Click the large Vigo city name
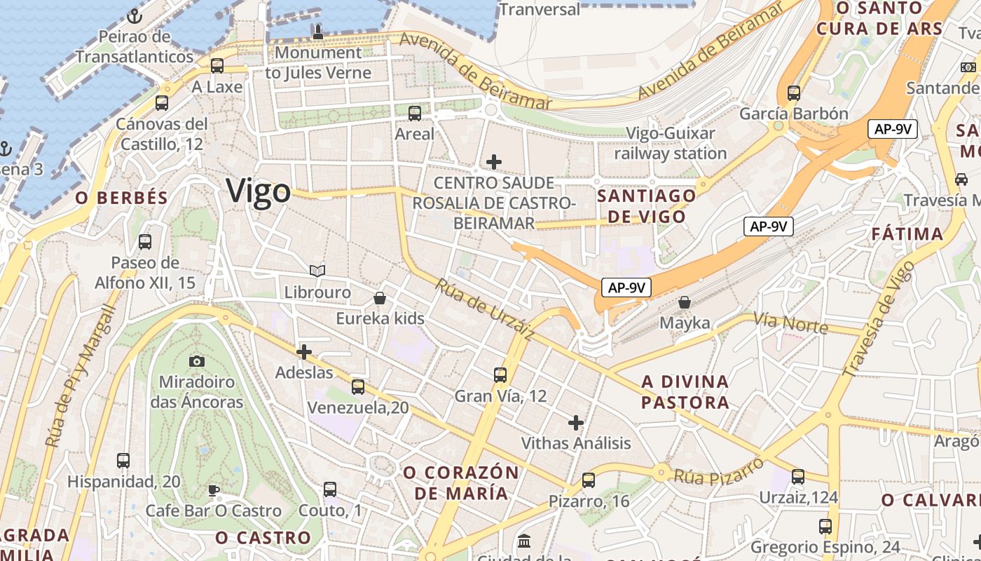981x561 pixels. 258,191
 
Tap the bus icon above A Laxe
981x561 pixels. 217,66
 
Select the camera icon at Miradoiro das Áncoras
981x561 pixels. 197,361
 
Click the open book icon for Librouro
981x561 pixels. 317,271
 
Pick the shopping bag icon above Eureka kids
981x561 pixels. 380,298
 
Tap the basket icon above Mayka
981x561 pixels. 685,302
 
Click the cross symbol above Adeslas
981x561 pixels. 304,352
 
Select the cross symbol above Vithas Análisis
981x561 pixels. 576,423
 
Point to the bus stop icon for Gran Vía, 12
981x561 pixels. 500,375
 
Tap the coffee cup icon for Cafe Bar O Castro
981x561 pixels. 214,489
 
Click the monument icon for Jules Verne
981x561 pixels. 317,32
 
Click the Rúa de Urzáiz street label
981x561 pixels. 484,309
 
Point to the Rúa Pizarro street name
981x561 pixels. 718,471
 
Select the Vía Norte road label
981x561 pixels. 790,323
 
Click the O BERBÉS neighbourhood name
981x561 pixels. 122,198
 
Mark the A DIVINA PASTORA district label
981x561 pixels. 685,392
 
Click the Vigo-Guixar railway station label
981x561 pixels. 671,143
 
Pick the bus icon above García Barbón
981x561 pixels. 794,93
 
